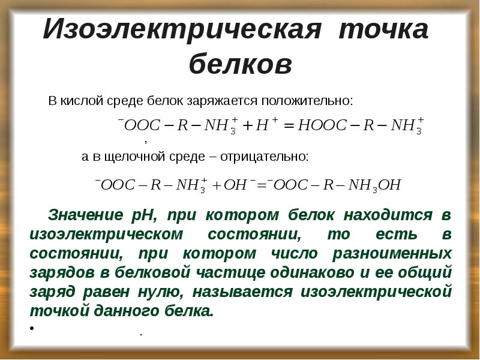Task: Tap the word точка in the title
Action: point(384,31)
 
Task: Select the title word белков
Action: point(241,65)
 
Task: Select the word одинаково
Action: point(304,272)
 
